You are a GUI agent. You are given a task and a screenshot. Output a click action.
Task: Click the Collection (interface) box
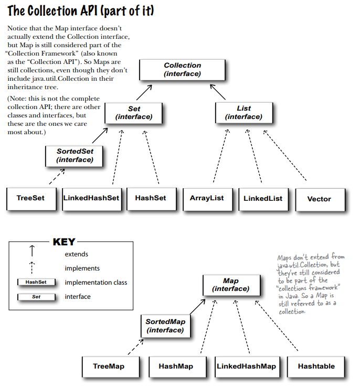coord(182,70)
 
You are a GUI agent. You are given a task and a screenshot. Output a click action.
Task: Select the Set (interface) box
coord(134,113)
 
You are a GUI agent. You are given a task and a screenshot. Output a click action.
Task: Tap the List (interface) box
coord(243,113)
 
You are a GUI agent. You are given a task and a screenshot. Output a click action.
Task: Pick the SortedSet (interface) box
coord(74,155)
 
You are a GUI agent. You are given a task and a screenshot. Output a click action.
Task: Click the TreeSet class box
coord(30,198)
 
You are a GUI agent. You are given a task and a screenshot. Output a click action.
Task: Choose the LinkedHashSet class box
coord(91,198)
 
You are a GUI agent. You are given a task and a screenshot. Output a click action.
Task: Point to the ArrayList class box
coord(207,198)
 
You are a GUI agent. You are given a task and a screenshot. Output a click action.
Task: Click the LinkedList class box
coord(263,198)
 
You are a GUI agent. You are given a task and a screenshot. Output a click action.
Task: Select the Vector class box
coord(319,199)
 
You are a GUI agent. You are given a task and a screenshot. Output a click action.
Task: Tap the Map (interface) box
coord(231,286)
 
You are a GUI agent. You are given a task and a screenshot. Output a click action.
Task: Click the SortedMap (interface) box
coord(165,326)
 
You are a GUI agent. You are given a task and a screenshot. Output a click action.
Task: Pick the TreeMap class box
coord(109,366)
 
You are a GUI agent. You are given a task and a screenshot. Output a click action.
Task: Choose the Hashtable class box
coord(316,366)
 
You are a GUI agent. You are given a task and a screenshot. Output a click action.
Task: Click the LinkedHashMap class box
coord(246,366)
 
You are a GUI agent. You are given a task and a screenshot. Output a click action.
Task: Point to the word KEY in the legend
coord(64,242)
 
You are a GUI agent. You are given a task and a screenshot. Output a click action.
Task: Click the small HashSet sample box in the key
coord(36,282)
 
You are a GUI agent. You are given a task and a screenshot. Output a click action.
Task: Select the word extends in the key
coord(76,254)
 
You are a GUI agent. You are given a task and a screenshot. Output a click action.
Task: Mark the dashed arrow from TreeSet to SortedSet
coord(57,177)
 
